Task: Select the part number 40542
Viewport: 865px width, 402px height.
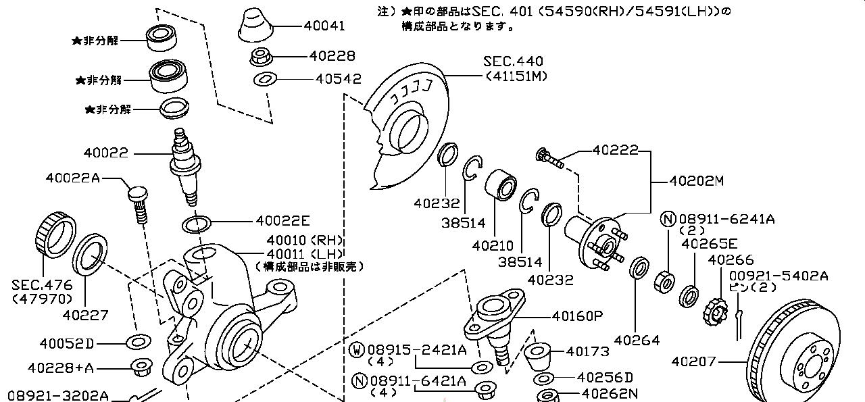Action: click(338, 79)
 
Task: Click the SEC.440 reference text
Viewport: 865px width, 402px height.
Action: click(513, 62)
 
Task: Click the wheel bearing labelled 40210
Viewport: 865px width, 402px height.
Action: click(500, 184)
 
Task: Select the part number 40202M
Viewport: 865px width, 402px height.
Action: click(696, 181)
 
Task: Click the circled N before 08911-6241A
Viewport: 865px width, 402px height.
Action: click(668, 219)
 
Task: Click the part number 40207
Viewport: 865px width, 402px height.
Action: click(693, 361)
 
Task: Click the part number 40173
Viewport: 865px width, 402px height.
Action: click(588, 351)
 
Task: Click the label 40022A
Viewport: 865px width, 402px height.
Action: click(72, 178)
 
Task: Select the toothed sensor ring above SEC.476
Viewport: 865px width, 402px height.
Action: click(54, 233)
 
